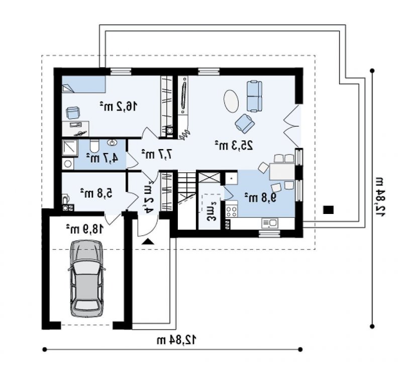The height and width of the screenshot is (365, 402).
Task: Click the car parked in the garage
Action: pyautogui.click(x=86, y=278)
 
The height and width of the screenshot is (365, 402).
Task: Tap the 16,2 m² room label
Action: pyautogui.click(x=119, y=106)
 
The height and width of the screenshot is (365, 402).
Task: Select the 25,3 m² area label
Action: pyautogui.click(x=234, y=145)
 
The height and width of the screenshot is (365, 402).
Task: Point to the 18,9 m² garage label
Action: pyautogui.click(x=85, y=229)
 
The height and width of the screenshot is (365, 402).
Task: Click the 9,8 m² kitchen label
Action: pyautogui.click(x=260, y=197)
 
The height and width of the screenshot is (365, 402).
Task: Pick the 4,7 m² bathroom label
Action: pyautogui.click(x=103, y=158)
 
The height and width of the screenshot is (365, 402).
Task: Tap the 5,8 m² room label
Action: pyautogui.click(x=96, y=193)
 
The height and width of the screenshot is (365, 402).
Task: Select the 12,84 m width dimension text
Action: pyautogui.click(x=177, y=340)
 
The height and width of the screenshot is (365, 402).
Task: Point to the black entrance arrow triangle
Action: pyautogui.click(x=148, y=242)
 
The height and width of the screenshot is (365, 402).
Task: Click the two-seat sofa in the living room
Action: pyautogui.click(x=254, y=96)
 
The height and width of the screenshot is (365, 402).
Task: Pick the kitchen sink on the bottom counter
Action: pyautogui.click(x=269, y=223)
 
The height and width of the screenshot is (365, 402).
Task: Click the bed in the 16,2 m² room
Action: pyautogui.click(x=84, y=84)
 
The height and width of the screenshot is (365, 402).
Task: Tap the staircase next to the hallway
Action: pyautogui.click(x=186, y=187)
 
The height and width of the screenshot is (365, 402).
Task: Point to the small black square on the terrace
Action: pyautogui.click(x=328, y=209)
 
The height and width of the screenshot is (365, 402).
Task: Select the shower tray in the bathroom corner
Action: pyautogui.click(x=70, y=148)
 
